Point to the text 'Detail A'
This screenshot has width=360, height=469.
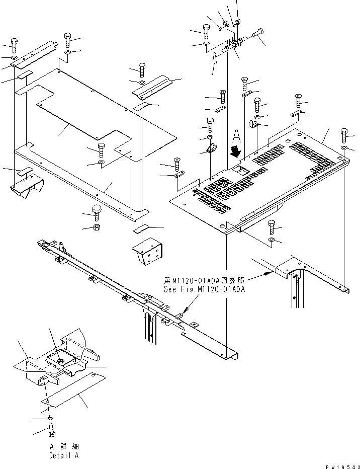tap(64, 455)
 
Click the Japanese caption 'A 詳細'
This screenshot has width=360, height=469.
tap(64, 447)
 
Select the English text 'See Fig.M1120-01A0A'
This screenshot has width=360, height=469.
tap(204, 290)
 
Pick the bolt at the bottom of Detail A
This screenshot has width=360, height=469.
tap(52, 431)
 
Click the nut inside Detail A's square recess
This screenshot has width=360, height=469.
tap(60, 359)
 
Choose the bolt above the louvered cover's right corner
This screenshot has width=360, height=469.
tap(344, 135)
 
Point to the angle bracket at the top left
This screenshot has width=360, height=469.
tap(31, 55)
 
